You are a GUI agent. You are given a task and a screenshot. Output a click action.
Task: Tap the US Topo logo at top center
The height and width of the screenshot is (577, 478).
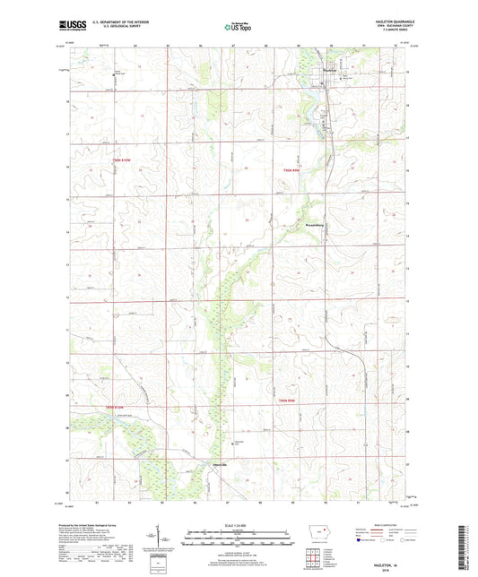pyautogui.click(x=238, y=28)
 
